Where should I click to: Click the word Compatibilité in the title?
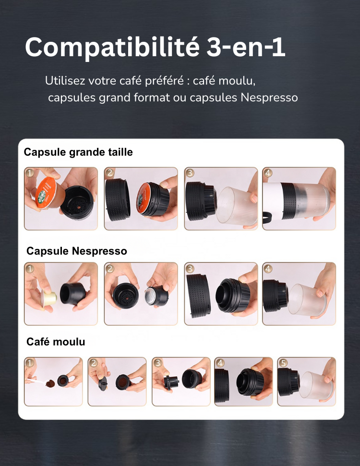point(112,47)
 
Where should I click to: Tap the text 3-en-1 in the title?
point(246,47)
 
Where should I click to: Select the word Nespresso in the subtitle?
point(269,98)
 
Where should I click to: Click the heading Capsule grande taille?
point(78,152)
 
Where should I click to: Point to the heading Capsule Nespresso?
point(77,251)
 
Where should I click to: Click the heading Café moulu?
point(56,342)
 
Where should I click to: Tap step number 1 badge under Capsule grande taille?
point(29,172)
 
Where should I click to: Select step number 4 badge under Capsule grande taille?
point(268,172)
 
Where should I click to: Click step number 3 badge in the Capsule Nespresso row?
point(190,269)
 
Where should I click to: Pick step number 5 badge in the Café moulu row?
point(283,363)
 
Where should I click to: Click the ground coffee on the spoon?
point(50,383)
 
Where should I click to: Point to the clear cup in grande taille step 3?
point(237,206)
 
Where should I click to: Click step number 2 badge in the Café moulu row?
point(94,363)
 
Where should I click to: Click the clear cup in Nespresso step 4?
point(307,300)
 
